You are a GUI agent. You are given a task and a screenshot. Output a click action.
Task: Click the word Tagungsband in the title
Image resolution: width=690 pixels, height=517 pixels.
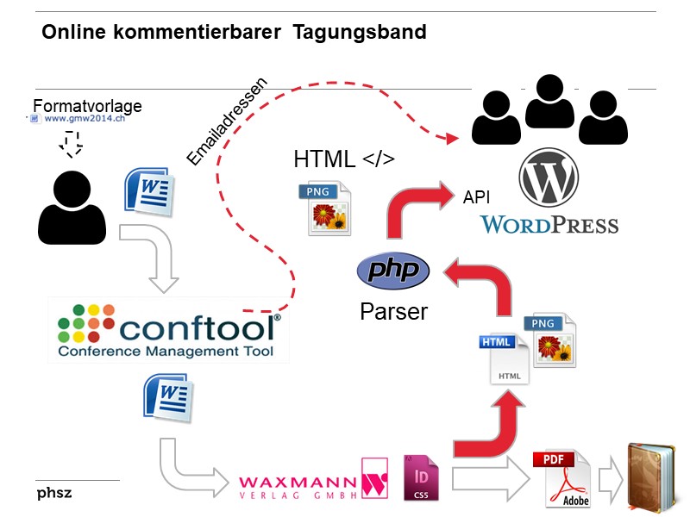360,33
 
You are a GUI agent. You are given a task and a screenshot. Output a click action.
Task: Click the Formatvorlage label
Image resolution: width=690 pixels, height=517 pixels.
87,106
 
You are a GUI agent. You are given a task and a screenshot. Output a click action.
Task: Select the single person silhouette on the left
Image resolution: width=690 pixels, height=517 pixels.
72,207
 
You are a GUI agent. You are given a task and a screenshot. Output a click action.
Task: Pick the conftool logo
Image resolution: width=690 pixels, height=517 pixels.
169,333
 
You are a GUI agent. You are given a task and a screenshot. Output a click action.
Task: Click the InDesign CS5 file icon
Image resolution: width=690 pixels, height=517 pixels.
421,478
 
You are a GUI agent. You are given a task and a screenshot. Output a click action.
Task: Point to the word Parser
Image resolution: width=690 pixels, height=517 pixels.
393,311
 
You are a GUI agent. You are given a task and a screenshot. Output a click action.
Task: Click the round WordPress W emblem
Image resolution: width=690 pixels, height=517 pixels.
549,179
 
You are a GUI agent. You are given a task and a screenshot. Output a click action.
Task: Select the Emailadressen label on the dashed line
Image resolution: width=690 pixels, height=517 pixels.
228,120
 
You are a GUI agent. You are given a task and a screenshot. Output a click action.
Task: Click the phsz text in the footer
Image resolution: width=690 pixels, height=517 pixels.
54,494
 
